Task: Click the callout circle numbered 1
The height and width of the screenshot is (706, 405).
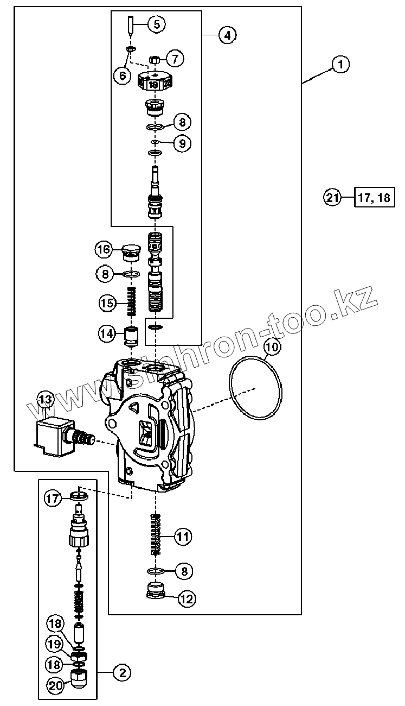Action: click(x=340, y=65)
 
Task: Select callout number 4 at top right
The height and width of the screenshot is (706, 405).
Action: click(x=227, y=35)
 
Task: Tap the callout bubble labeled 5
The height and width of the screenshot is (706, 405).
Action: click(x=156, y=24)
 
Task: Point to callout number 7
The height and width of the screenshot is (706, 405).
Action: click(x=175, y=58)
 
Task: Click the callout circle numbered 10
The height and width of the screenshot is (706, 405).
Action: click(x=272, y=346)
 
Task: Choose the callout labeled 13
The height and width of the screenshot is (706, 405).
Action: click(x=46, y=400)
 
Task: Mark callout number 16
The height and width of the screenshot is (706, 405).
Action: click(x=104, y=250)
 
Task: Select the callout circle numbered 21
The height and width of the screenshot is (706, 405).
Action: click(x=333, y=198)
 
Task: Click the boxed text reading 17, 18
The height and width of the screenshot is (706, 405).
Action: click(x=374, y=198)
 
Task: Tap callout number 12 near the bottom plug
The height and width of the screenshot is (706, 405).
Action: click(x=186, y=599)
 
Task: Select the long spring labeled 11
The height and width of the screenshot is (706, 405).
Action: click(x=156, y=534)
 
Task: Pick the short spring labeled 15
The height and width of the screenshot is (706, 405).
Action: click(x=131, y=302)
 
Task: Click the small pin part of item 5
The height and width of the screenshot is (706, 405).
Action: click(x=131, y=25)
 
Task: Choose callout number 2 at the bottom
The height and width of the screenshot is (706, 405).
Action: click(x=121, y=673)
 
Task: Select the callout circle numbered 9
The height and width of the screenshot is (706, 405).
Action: click(x=182, y=143)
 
